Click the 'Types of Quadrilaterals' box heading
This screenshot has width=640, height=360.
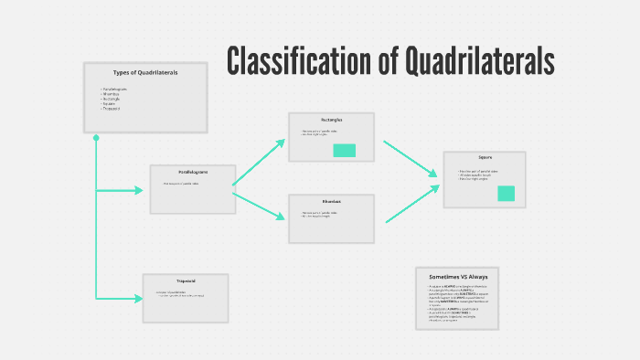click(x=145, y=72)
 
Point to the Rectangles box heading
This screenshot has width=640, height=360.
click(x=331, y=120)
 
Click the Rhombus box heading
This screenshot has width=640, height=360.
click(x=331, y=202)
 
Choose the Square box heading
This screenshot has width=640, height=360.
click(x=485, y=157)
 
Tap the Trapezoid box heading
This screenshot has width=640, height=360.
click(x=186, y=281)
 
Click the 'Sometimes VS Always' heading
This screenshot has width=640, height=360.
click(x=458, y=276)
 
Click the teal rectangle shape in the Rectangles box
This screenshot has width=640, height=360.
click(x=345, y=151)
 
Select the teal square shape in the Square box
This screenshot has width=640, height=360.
click(x=506, y=193)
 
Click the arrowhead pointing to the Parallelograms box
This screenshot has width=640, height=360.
click(x=138, y=190)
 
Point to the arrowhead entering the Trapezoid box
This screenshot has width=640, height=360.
click(x=138, y=298)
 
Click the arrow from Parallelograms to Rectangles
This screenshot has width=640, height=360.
click(x=260, y=163)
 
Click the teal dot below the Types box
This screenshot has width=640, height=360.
click(x=96, y=138)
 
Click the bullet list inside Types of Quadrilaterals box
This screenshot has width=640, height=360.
click(x=114, y=99)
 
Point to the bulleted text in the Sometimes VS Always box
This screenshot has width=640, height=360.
click(x=457, y=304)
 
